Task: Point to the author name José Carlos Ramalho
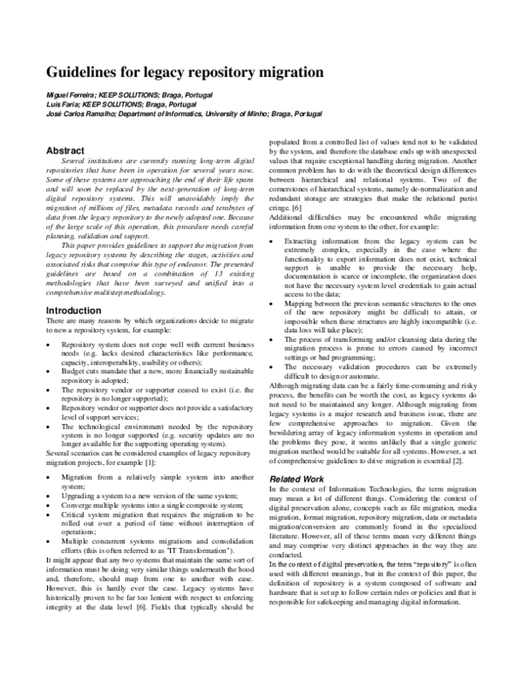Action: click(84, 113)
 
